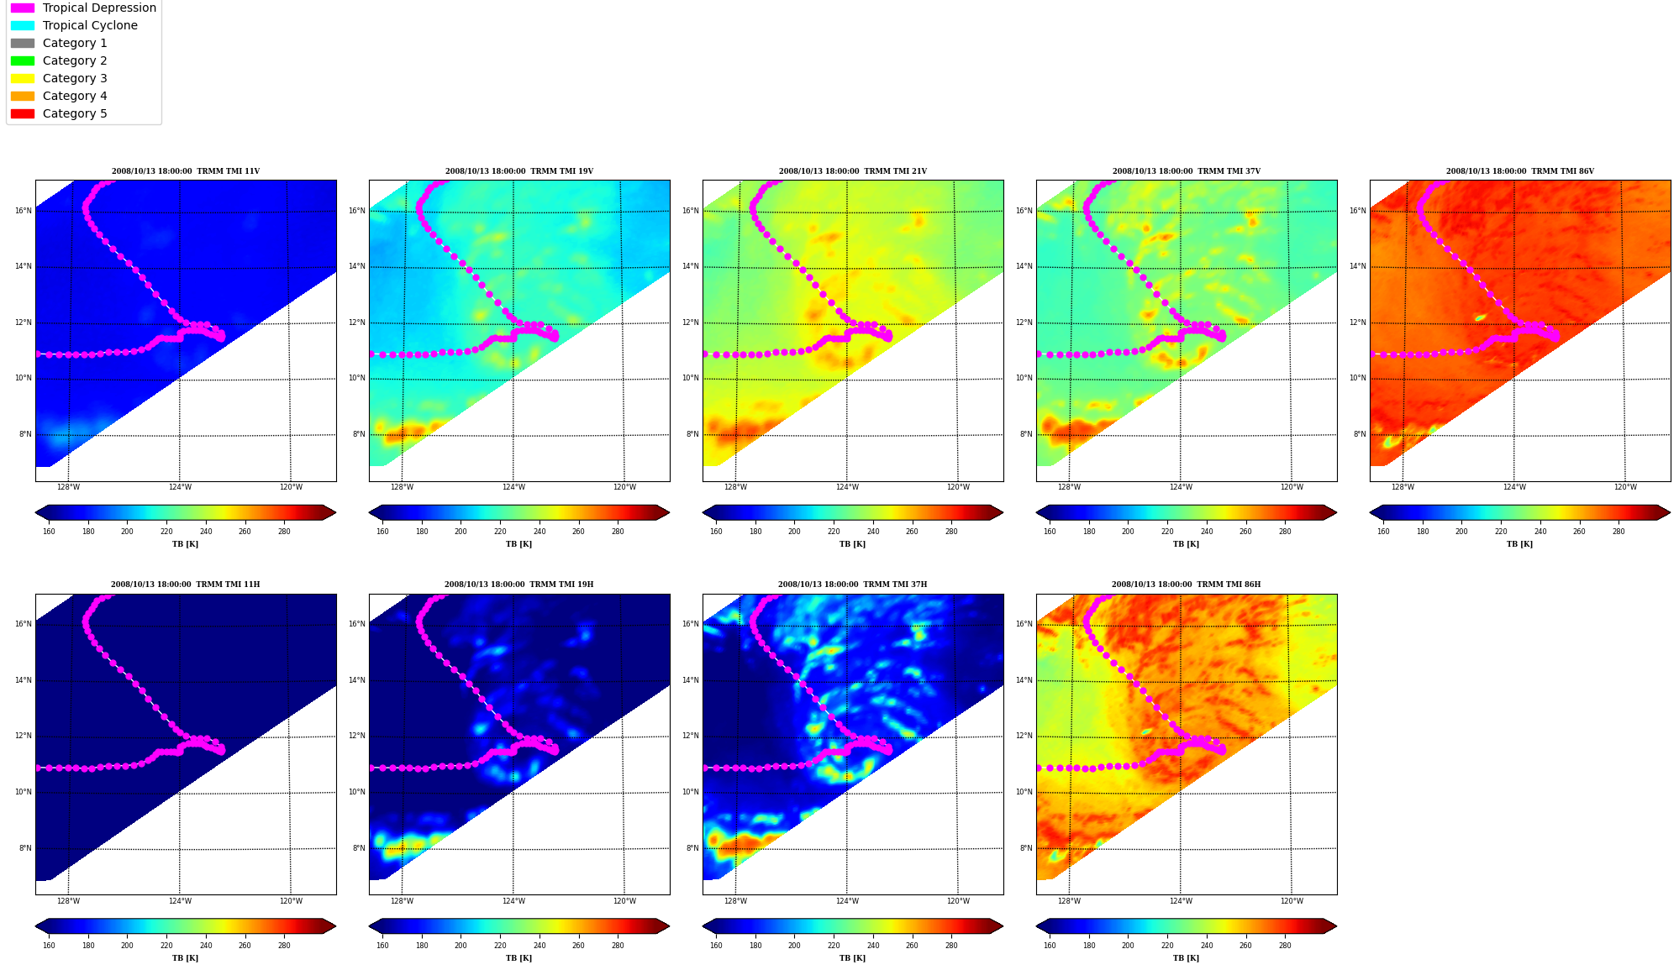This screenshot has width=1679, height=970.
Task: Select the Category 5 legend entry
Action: click(59, 113)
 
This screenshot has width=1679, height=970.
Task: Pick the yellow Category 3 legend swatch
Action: click(23, 78)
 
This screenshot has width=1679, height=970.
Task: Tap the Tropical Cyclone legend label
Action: click(90, 25)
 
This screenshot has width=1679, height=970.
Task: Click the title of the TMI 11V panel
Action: click(186, 171)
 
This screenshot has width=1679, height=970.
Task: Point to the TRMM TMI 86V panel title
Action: click(1519, 171)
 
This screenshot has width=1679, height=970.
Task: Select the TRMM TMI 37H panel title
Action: click(852, 585)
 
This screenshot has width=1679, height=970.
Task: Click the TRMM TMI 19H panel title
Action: click(518, 585)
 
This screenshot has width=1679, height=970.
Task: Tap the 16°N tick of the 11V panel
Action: click(23, 211)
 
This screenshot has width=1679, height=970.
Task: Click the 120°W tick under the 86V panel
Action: click(1625, 487)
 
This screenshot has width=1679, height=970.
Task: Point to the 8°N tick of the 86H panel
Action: click(1026, 848)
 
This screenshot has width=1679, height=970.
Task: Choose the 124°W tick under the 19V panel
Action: click(513, 487)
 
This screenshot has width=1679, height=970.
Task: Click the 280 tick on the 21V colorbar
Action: click(951, 532)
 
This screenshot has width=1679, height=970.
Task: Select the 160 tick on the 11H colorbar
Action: click(49, 946)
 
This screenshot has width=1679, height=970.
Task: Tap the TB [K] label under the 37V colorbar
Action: click(1186, 544)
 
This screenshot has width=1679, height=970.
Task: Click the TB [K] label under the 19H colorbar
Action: click(518, 958)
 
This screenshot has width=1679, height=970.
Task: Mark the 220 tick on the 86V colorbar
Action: click(1501, 532)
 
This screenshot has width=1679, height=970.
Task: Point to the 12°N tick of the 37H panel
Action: click(690, 736)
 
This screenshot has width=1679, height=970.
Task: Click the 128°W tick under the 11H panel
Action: click(68, 901)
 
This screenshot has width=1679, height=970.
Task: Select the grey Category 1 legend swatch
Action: click(23, 43)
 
